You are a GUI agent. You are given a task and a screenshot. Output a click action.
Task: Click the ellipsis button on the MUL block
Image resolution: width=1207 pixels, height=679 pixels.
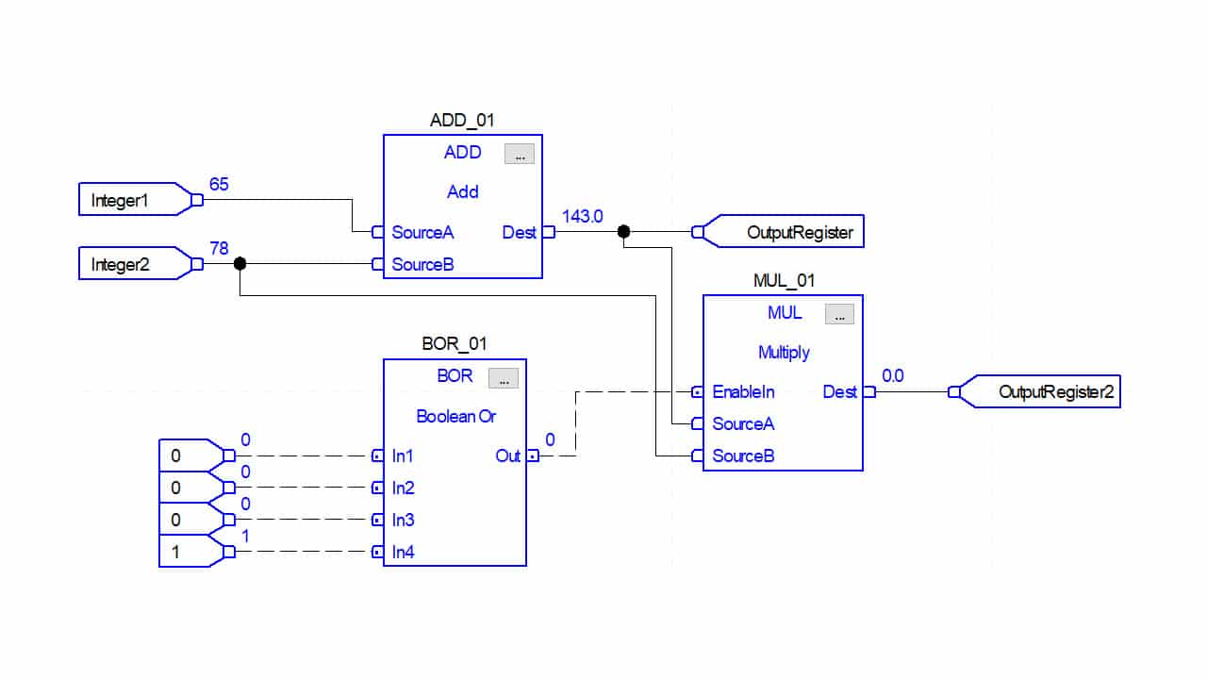(839, 314)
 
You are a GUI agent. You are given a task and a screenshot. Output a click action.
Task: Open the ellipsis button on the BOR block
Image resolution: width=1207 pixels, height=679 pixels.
(503, 378)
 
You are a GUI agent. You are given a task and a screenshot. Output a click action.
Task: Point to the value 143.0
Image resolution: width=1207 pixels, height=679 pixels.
(582, 216)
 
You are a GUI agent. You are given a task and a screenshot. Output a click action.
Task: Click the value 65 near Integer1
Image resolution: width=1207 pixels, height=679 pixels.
(219, 184)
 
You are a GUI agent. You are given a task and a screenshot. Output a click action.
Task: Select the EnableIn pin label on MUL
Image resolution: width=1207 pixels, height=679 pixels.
(744, 391)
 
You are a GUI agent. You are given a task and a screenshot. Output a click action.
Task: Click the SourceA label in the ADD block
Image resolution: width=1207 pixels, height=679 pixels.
(422, 232)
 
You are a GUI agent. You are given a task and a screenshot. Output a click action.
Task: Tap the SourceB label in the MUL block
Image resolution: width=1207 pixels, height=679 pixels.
(743, 455)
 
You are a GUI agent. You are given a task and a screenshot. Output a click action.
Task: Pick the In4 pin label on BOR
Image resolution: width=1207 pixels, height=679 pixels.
(404, 552)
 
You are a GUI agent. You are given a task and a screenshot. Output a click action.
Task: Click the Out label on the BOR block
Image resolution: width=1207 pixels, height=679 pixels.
(507, 455)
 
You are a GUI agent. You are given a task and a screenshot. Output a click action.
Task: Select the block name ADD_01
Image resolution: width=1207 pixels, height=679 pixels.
(462, 120)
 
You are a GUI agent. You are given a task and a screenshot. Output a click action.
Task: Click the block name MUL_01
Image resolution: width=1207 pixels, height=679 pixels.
(783, 280)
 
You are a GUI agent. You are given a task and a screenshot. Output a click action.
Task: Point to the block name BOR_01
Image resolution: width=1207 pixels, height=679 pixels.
(455, 344)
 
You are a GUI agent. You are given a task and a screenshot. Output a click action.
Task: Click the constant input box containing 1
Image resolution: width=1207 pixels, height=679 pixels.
(189, 552)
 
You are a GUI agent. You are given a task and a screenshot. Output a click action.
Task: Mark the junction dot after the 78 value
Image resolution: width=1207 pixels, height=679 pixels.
(240, 264)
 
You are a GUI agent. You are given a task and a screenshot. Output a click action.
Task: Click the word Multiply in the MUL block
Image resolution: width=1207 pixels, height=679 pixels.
(784, 352)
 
